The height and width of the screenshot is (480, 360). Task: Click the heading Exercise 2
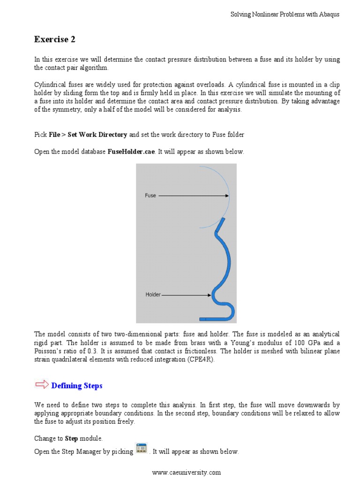point(54,40)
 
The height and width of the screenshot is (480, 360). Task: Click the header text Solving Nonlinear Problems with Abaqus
point(285,15)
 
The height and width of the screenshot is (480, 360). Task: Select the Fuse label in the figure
point(150,195)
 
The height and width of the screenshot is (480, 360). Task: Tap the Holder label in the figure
point(153,295)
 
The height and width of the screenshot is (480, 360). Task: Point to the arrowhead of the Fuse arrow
point(227,195)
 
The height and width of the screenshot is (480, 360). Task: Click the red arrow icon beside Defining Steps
point(41,385)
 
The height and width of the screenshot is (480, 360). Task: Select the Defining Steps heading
point(76,386)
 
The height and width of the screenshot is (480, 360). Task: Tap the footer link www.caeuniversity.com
point(186,472)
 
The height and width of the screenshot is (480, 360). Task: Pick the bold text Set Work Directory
point(97,135)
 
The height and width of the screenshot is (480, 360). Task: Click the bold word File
point(54,135)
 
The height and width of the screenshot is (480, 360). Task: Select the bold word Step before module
point(71,438)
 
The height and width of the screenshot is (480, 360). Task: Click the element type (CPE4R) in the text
point(202,360)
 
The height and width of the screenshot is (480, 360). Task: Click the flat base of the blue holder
point(213,319)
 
